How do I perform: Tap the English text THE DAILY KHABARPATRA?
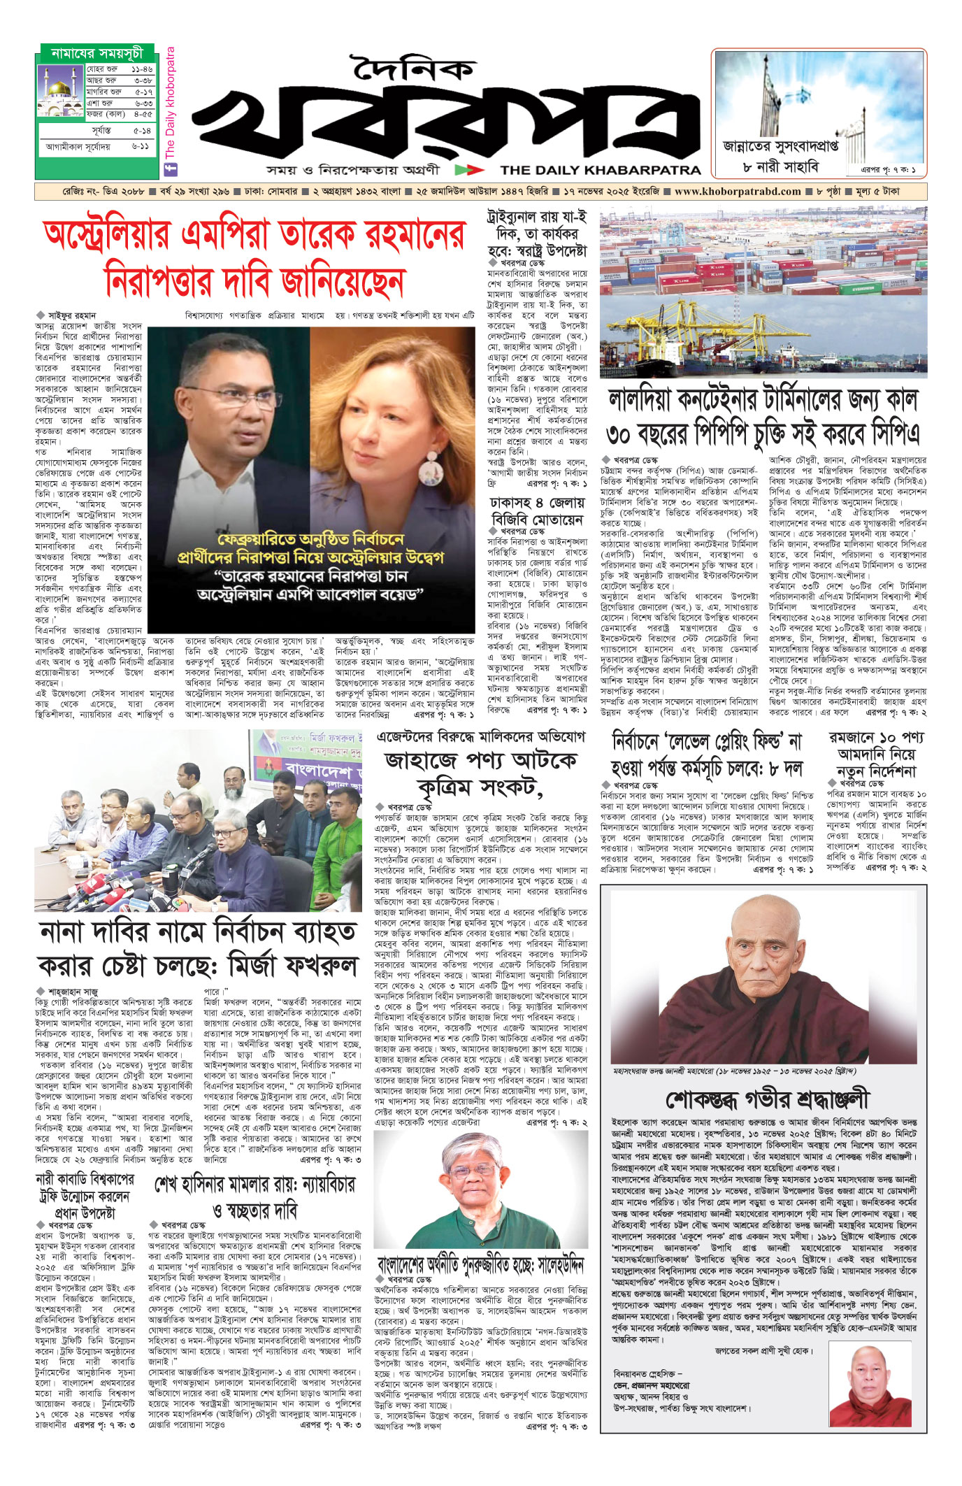600,170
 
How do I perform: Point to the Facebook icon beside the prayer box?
170,169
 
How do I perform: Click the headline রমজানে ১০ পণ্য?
877,738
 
